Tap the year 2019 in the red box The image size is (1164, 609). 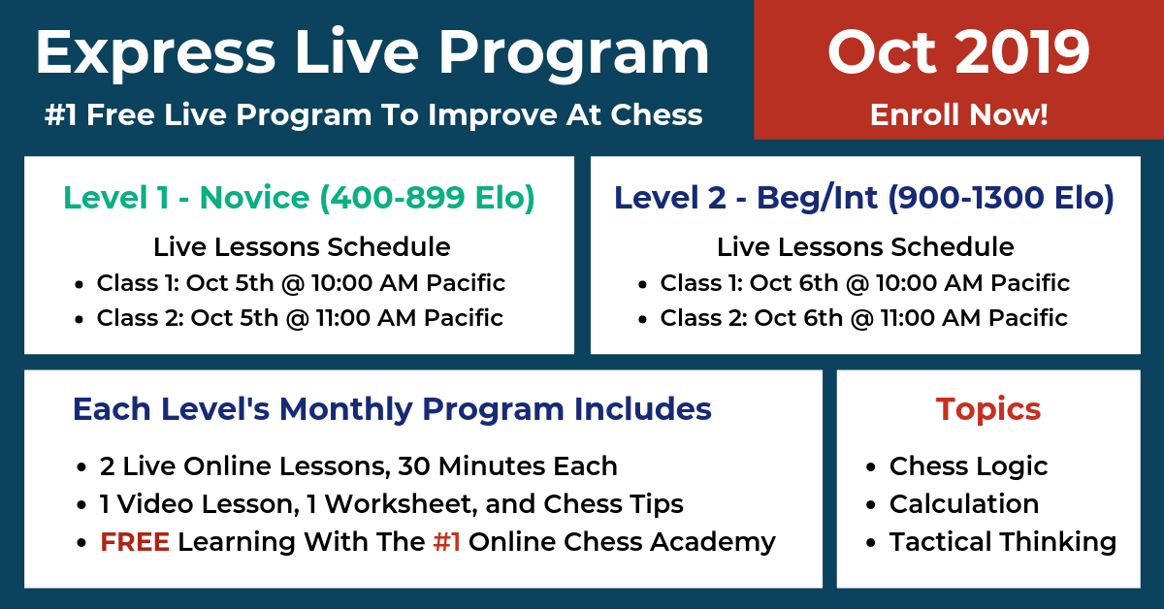point(1022,52)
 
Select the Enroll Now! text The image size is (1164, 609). point(959,114)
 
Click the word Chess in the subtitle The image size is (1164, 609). point(657,114)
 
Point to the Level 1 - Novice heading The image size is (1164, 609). point(186,198)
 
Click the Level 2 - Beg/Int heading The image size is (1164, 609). point(746,198)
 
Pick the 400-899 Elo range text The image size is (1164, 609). point(427,199)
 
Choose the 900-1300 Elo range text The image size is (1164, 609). point(1001,199)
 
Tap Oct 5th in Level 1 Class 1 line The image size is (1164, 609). point(230,283)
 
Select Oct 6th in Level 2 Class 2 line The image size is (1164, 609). point(798,318)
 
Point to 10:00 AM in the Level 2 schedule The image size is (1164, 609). point(928,283)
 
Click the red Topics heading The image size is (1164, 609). point(988,410)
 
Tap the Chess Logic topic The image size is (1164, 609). point(969,466)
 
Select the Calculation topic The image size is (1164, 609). point(964,503)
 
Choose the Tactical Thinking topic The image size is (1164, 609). point(1003,542)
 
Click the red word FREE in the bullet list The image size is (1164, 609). point(135,542)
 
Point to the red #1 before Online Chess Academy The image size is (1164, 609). point(446,542)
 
